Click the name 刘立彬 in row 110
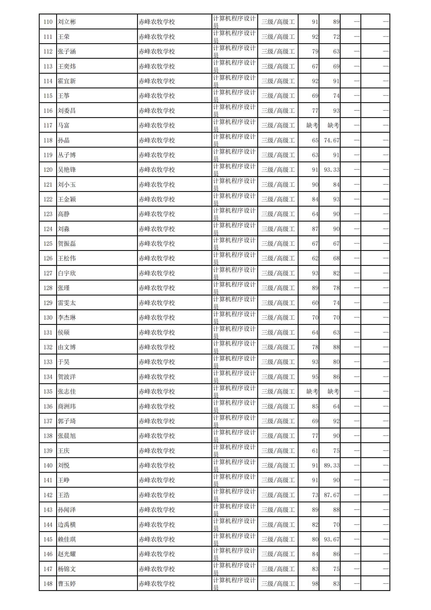pyautogui.click(x=67, y=22)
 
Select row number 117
pyautogui.click(x=48, y=125)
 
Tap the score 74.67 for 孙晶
pyautogui.click(x=331, y=140)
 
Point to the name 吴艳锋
pyautogui.click(x=67, y=170)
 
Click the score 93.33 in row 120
pyautogui.click(x=331, y=170)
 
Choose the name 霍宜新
pyautogui.click(x=67, y=81)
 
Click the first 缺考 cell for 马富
pyautogui.click(x=312, y=125)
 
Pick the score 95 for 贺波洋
pyautogui.click(x=315, y=377)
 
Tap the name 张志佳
pyautogui.click(x=67, y=391)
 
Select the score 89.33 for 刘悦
pyautogui.click(x=331, y=465)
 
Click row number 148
pyautogui.click(x=48, y=584)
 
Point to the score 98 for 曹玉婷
pyautogui.click(x=315, y=584)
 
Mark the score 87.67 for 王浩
pyautogui.click(x=331, y=495)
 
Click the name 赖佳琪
pyautogui.click(x=67, y=539)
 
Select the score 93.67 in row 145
pyautogui.click(x=331, y=539)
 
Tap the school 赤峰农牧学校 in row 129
pyautogui.click(x=157, y=303)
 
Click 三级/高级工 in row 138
pyautogui.click(x=278, y=436)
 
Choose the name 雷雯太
pyautogui.click(x=67, y=303)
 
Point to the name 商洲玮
pyautogui.click(x=67, y=406)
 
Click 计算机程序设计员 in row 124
pyautogui.click(x=234, y=229)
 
